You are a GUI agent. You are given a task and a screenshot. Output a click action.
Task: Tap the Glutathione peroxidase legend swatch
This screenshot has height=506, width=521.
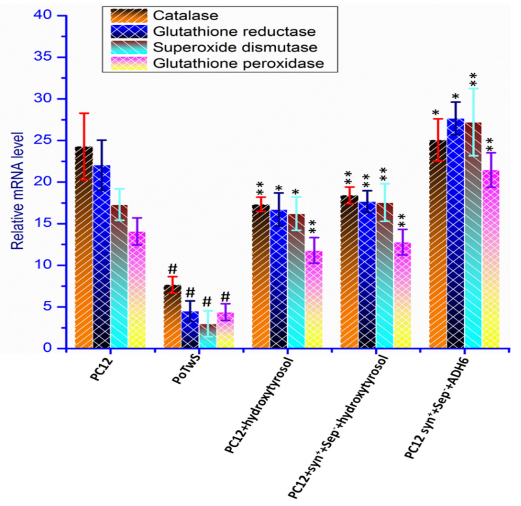pyautogui.click(x=129, y=63)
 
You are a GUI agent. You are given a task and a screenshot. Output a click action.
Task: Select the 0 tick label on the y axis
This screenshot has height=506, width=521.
pyautogui.click(x=48, y=348)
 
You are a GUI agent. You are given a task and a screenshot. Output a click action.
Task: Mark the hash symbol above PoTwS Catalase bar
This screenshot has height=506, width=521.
pyautogui.click(x=172, y=269)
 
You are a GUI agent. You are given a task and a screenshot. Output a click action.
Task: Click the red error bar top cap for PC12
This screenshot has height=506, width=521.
pyautogui.click(x=84, y=113)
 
